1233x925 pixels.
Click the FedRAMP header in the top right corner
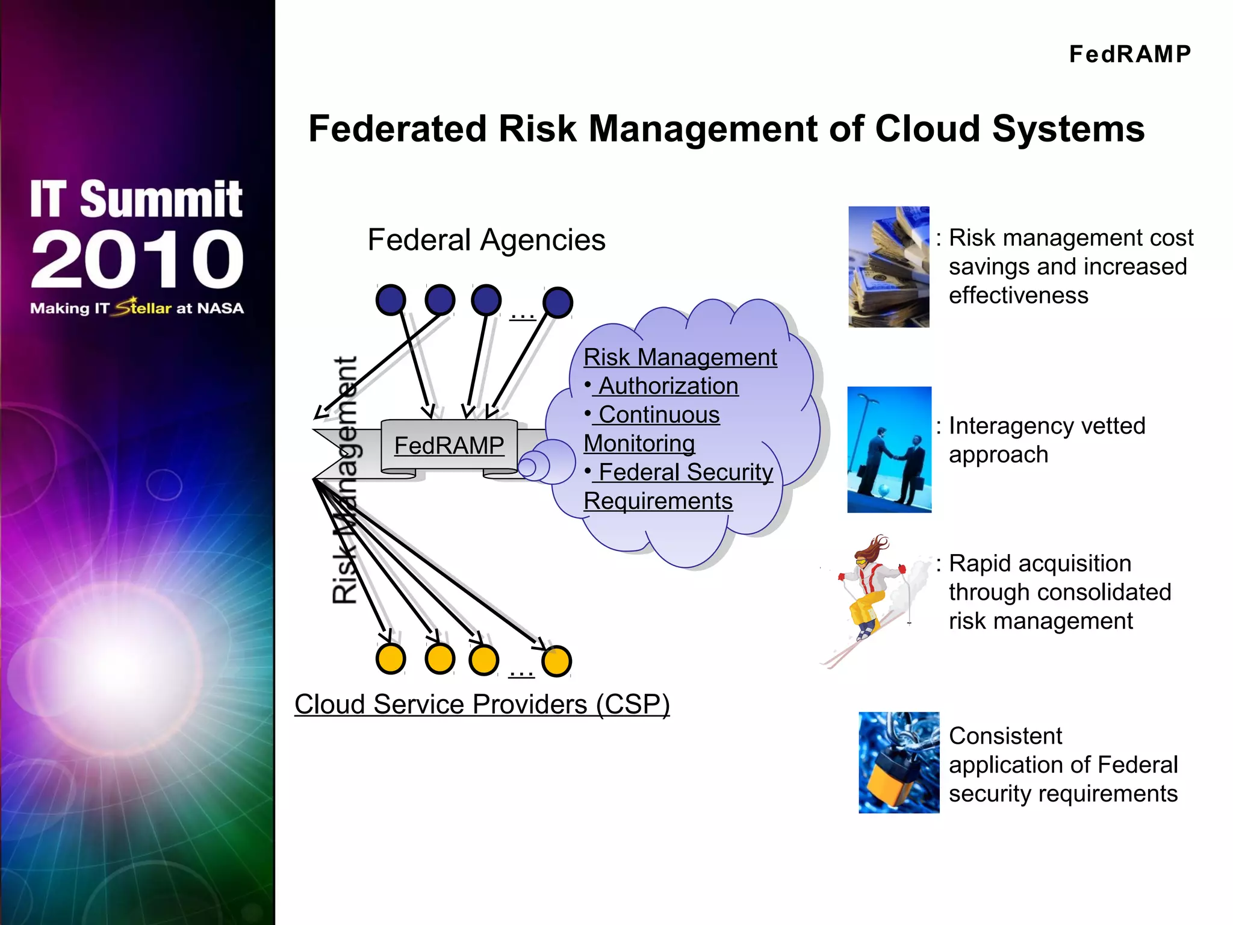1129,54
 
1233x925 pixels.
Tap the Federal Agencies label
486,240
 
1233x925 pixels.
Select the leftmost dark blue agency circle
391,300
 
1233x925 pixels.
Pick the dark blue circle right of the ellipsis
557,302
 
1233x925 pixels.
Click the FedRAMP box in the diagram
449,446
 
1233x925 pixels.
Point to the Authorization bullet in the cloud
668,386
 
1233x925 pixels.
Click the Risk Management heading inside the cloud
680,357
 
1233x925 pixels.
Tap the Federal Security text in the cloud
685,472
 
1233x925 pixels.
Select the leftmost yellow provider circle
391,659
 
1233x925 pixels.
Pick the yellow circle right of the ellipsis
556,661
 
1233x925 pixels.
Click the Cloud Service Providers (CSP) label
482,704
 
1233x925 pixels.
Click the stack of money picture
889,267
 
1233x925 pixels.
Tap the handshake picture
889,450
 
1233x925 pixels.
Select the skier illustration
872,599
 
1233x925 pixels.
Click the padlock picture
898,762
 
